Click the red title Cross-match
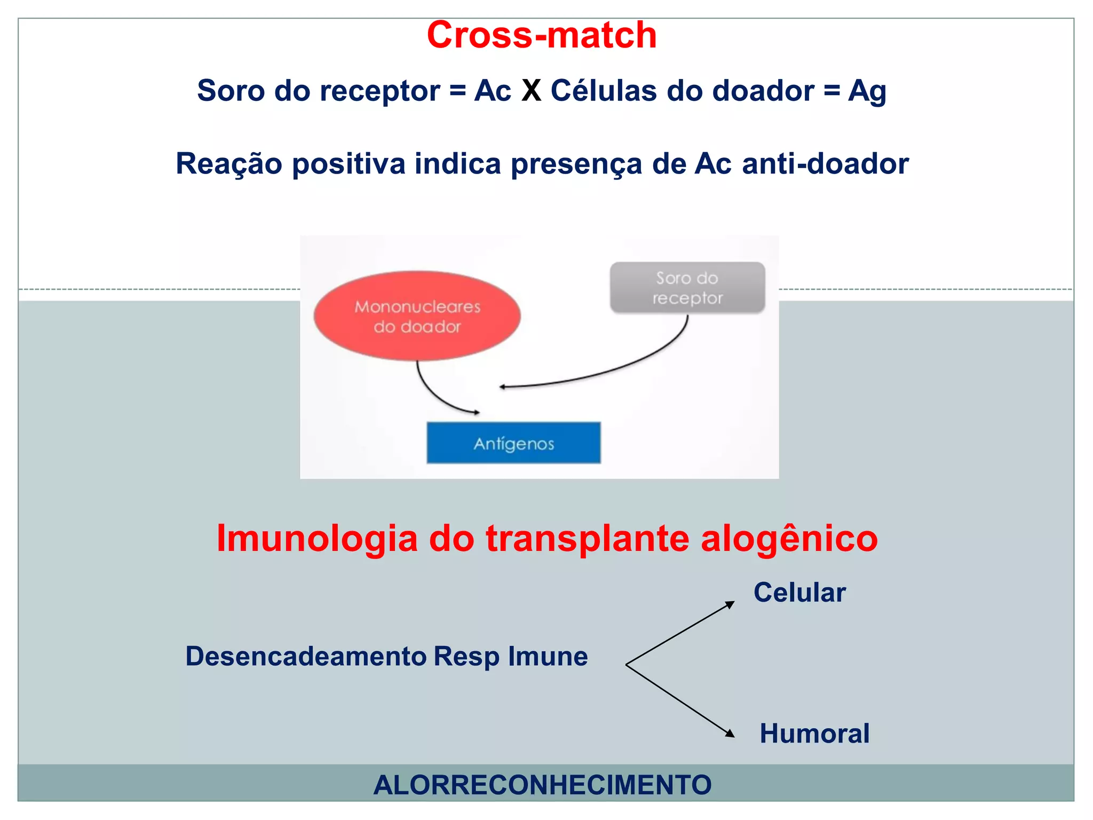point(542,35)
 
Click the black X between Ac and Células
point(531,90)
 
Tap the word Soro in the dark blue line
point(231,90)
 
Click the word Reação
point(229,163)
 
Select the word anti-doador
point(825,163)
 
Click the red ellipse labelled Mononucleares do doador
point(417,316)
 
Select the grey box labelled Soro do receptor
point(687,288)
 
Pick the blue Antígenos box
point(513,443)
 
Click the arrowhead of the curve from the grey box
point(502,387)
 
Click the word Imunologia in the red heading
point(317,538)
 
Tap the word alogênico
point(789,538)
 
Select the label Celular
point(799,592)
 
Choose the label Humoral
point(814,733)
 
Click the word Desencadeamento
point(306,656)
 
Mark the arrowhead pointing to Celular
point(730,604)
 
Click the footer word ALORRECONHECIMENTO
point(542,784)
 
